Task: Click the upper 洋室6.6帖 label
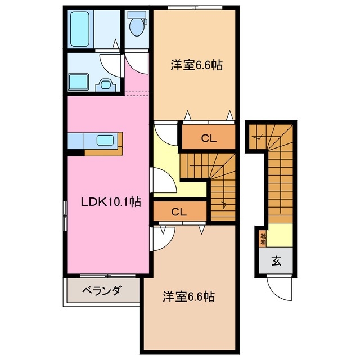click(x=196, y=66)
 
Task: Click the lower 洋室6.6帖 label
click(x=189, y=295)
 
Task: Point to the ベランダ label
click(x=101, y=291)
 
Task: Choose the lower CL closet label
click(x=179, y=212)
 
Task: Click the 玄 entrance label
click(x=277, y=260)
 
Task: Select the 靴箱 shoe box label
click(x=263, y=238)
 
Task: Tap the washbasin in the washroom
click(x=105, y=84)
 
